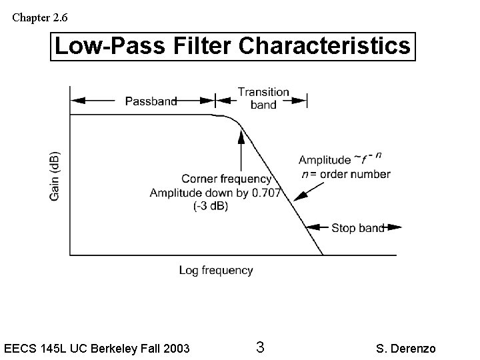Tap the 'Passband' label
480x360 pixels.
coord(151,101)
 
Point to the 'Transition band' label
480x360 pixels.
coord(263,98)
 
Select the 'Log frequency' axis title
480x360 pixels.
coord(215,270)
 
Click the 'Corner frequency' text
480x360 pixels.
coord(226,179)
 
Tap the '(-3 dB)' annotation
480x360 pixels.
coord(211,206)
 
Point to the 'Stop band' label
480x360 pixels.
coord(358,228)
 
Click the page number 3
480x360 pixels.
coord(260,347)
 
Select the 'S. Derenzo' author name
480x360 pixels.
coord(407,348)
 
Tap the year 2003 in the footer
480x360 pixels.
coord(175,348)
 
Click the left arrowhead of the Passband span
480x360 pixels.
coord(75,101)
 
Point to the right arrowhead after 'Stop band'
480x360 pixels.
coord(397,228)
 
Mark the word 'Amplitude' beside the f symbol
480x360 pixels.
coord(324,160)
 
